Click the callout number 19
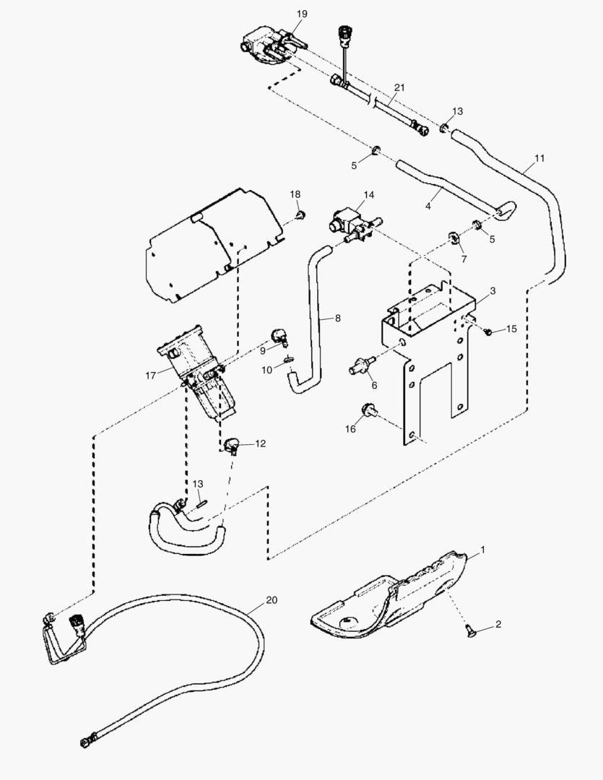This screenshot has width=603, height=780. point(302,14)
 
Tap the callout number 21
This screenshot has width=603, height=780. point(399,87)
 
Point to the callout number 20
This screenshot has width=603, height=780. point(272,599)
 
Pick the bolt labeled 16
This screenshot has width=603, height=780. point(368,412)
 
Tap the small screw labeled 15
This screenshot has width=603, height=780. point(488,331)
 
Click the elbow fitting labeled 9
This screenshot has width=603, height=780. point(279,336)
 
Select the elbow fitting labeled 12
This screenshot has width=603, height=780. point(233,446)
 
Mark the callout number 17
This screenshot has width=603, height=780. point(150,376)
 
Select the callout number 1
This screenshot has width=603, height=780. point(483,550)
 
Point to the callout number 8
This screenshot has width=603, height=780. point(337,317)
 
